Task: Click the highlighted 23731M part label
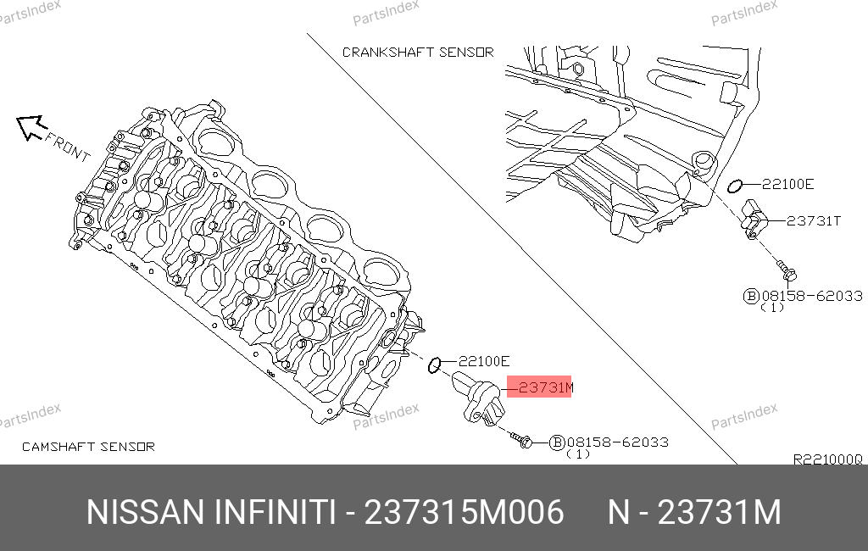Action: pos(545,387)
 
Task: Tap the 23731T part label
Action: pos(813,221)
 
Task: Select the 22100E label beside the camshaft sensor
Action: pos(484,362)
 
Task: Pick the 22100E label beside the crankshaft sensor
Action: pos(787,185)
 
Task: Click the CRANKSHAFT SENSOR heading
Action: pos(418,52)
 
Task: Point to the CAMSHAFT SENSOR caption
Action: pos(88,447)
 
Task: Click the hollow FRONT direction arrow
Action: pos(30,127)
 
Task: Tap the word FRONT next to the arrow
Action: pos(68,147)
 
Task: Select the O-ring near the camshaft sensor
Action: pos(434,365)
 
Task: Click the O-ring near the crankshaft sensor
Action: pos(734,186)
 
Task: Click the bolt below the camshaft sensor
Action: pos(521,440)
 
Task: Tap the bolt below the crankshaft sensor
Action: pos(787,270)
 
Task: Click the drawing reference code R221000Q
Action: pos(827,459)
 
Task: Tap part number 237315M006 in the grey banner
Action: pos(464,512)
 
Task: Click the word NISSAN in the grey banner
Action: pos(146,512)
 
